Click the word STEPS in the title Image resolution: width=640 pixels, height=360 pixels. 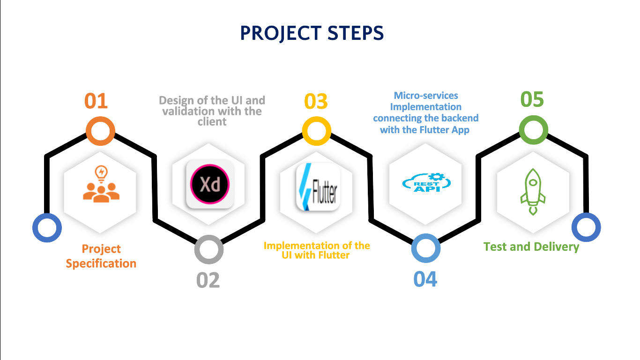point(356,33)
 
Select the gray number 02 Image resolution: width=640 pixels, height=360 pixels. point(208,280)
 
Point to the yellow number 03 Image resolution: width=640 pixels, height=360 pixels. point(316,102)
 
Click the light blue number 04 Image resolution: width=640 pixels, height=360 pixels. point(425,279)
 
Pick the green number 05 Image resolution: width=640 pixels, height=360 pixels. point(532,99)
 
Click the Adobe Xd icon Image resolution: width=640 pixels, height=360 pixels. point(210,184)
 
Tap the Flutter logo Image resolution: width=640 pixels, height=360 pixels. point(318,187)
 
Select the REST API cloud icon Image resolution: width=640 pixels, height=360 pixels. point(426,182)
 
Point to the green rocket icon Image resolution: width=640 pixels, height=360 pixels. point(533,192)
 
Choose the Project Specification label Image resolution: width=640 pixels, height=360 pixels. point(101,256)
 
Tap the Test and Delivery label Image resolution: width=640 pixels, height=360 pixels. point(531,247)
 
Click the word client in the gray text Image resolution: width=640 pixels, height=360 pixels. point(212,122)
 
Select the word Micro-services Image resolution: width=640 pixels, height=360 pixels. point(426,95)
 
